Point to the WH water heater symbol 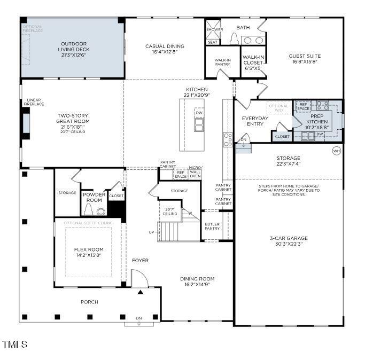click(x=336, y=150)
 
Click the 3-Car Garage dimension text click(x=289, y=244)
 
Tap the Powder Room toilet click(x=101, y=210)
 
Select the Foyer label click(x=140, y=261)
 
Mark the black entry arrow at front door click(x=140, y=292)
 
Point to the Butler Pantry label click(x=212, y=226)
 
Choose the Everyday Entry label click(x=255, y=121)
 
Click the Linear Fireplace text click(x=30, y=102)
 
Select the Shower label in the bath click(x=215, y=30)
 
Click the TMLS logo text click(x=14, y=345)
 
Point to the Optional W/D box click(x=278, y=107)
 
